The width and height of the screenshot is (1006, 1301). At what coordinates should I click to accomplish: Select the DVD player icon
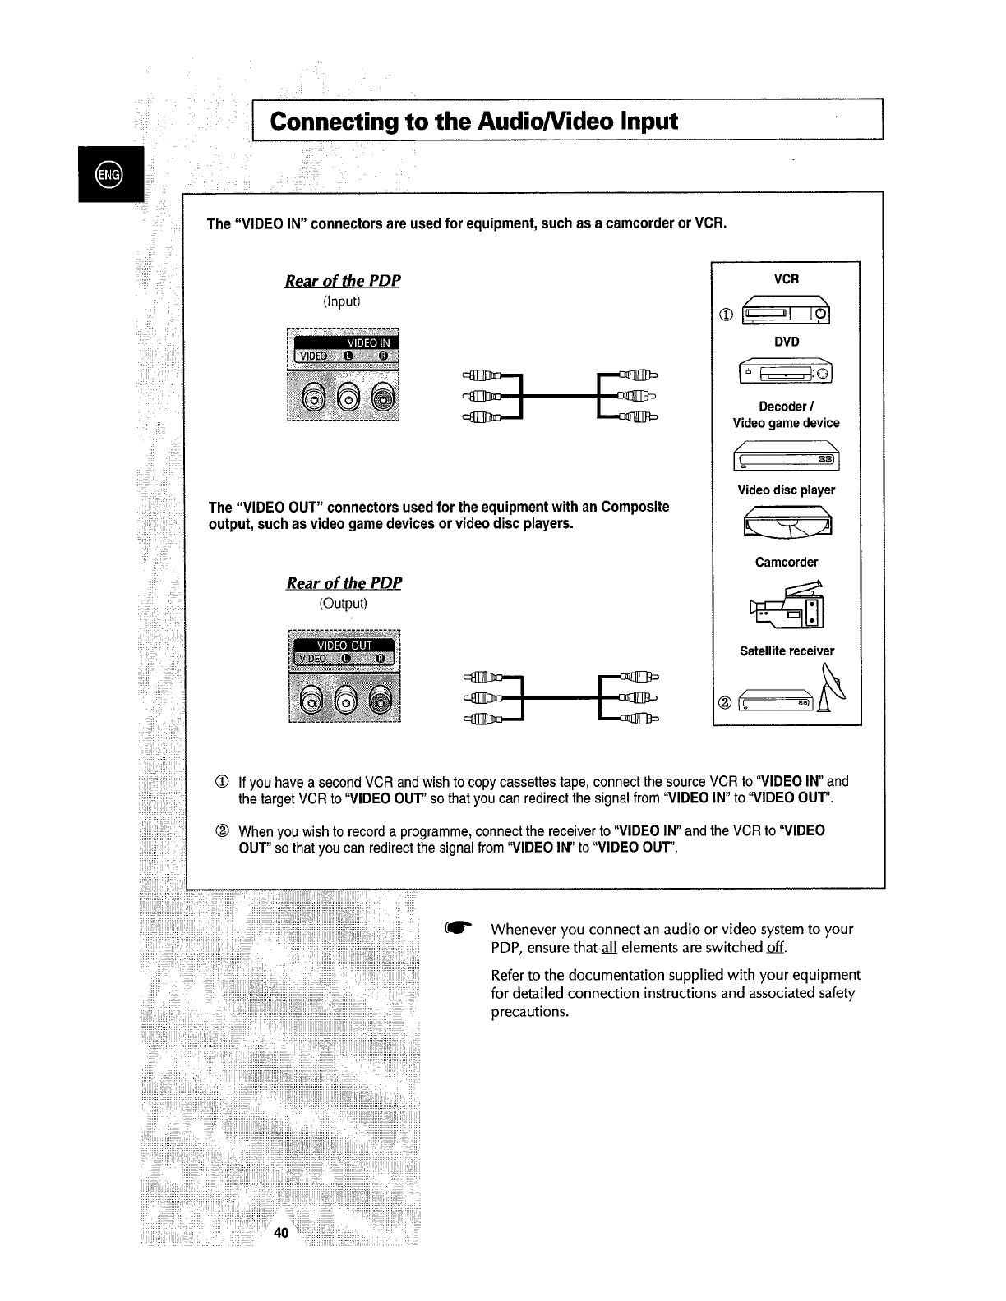click(787, 373)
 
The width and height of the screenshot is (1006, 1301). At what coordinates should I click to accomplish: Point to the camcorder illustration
click(787, 603)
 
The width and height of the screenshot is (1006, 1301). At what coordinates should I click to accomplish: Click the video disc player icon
click(787, 520)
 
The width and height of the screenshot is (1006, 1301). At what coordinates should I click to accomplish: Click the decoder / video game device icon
click(787, 456)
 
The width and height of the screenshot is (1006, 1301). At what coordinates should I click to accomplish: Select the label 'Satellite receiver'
click(787, 650)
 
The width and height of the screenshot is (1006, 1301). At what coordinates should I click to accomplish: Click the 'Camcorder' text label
click(787, 562)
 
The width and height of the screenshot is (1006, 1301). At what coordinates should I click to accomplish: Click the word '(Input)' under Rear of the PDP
click(342, 301)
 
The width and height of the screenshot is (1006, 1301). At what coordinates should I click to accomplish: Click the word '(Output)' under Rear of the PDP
click(343, 603)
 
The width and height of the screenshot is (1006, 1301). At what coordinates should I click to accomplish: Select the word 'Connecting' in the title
click(333, 121)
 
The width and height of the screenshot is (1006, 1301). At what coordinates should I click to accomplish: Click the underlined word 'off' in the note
click(775, 947)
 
